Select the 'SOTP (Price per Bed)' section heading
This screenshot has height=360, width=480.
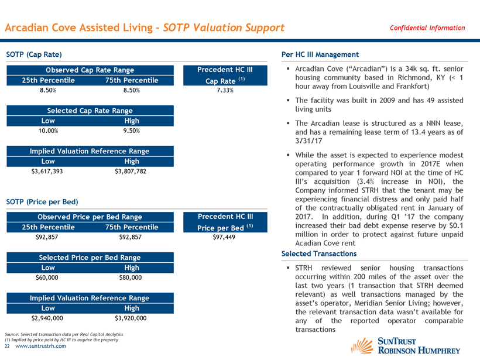[x=42, y=202]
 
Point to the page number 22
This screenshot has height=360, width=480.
[x=8, y=346]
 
